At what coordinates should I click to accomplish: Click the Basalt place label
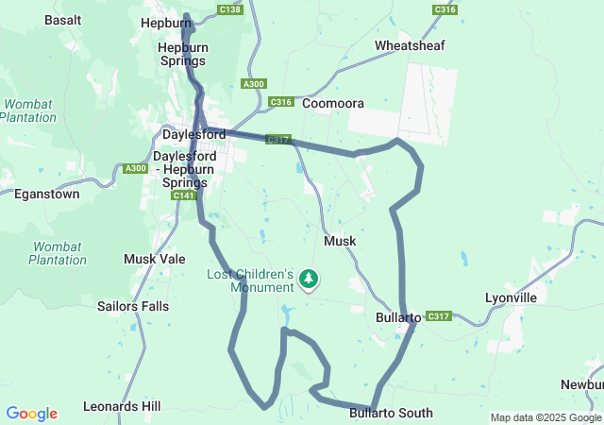tap(63, 20)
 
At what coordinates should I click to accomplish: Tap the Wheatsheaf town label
tap(409, 45)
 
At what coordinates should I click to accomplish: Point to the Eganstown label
tap(47, 194)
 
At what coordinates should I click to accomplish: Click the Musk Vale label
tap(155, 258)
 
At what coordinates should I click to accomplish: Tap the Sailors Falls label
tap(136, 305)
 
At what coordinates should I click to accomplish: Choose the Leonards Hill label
tap(121, 406)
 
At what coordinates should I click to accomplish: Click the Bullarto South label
tap(391, 413)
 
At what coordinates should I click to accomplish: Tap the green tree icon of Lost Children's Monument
tap(308, 279)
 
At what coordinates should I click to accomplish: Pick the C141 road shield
tap(184, 195)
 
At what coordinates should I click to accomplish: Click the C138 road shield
tap(228, 9)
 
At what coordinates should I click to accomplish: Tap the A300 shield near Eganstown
tap(135, 168)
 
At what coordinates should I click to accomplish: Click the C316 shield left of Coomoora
tap(280, 102)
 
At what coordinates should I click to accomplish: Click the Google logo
tap(31, 414)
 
